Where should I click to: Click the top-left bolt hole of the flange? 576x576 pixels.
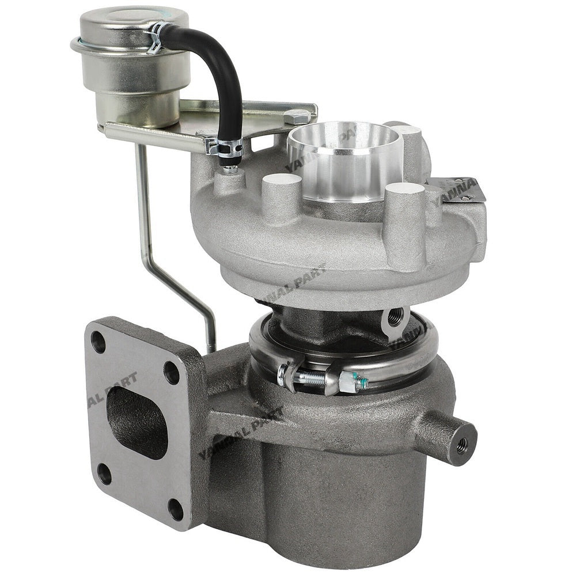click(x=98, y=342)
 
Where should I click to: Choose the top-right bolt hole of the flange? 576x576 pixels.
click(x=171, y=373)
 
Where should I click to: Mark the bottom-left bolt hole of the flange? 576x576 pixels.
click(x=104, y=473)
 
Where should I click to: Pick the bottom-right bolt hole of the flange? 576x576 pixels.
click(x=176, y=509)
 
